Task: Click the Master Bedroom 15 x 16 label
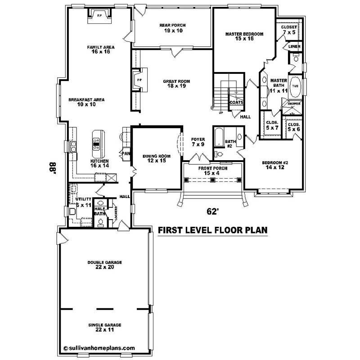pos(244,36)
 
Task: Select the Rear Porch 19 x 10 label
pos(172,28)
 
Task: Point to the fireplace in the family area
pos(100,16)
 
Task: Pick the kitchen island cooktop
pos(97,143)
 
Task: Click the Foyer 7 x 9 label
pos(198,142)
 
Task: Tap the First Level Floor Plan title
pos(213,230)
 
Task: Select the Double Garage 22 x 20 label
pos(105,265)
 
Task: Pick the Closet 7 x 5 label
pos(289,30)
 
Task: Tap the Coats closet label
pos(236,102)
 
